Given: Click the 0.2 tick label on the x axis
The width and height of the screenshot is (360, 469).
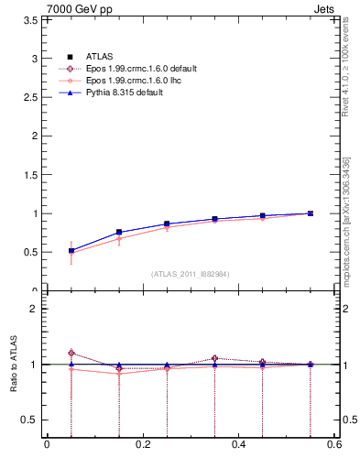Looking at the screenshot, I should pyautogui.click(x=143, y=445).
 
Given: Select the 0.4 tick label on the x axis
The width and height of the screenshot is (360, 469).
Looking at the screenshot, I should pyautogui.click(x=239, y=445).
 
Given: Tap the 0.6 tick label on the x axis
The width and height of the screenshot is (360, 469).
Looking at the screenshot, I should pyautogui.click(x=334, y=445).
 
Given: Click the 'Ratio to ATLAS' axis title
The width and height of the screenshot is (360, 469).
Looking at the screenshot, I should pyautogui.click(x=13, y=386).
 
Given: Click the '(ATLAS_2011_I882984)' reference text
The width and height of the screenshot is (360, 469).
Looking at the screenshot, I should pyautogui.click(x=191, y=273).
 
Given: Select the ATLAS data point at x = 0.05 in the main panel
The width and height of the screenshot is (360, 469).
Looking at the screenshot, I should pyautogui.click(x=71, y=250).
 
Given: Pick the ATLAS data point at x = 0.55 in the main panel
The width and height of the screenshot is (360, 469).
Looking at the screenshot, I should pyautogui.click(x=311, y=213).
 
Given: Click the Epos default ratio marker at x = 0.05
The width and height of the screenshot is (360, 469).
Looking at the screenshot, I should pyautogui.click(x=71, y=353).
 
